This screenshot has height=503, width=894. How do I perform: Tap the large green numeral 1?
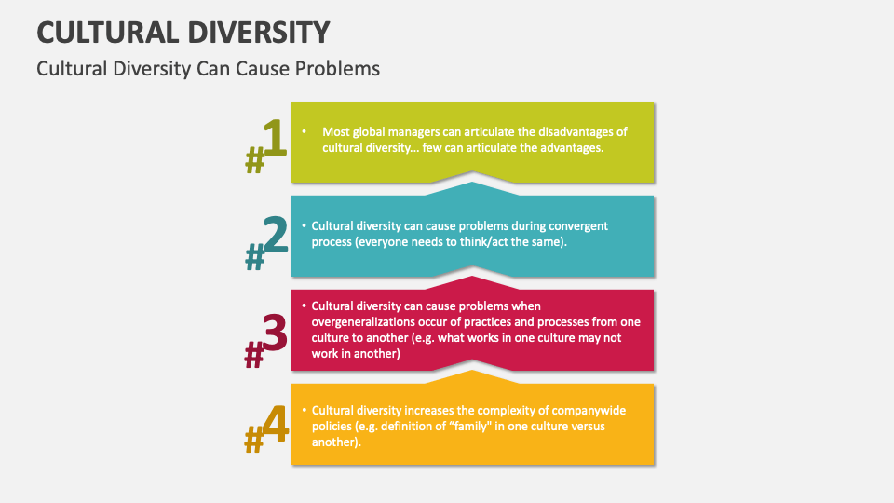(272, 140)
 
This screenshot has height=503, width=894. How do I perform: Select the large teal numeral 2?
(275, 237)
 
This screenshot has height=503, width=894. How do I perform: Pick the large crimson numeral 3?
(274, 332)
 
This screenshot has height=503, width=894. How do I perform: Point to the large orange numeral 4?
(275, 425)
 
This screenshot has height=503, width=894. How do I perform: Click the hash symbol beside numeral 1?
(254, 163)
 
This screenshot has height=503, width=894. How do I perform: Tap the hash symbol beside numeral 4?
(253, 440)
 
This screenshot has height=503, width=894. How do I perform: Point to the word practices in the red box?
(496, 321)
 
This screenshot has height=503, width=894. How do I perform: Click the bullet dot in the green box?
(304, 131)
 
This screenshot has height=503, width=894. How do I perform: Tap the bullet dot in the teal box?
(304, 225)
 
